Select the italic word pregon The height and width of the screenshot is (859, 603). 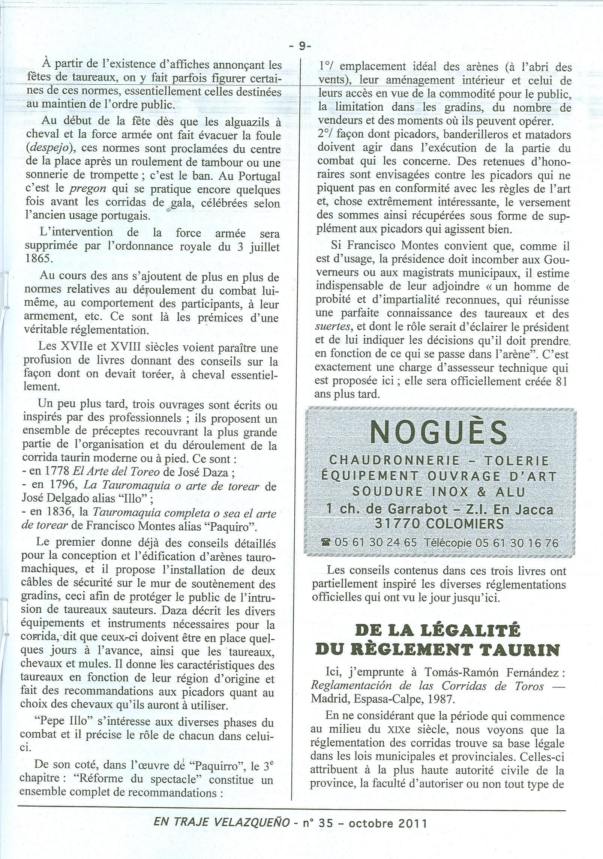[91, 190]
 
